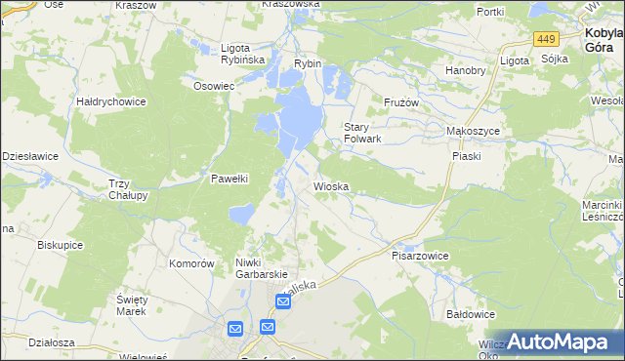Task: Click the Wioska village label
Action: coord(331,185)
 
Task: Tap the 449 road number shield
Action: coord(546,39)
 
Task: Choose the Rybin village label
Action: coord(308,63)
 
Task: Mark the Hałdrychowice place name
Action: coord(111,100)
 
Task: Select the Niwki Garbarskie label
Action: coord(260,268)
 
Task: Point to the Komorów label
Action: coord(191,263)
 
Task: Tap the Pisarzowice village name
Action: coord(420,256)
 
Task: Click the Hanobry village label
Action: coord(466,70)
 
